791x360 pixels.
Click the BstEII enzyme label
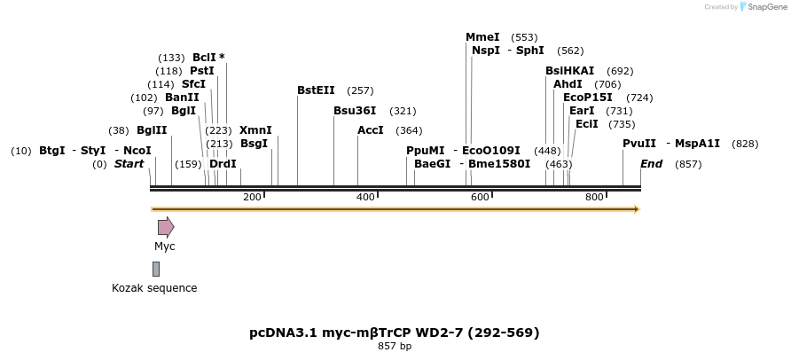tap(316, 90)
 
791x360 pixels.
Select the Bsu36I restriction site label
tap(355, 111)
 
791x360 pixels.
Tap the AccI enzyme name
tap(370, 129)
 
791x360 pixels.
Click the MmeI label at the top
tap(482, 37)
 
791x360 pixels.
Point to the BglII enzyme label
tap(152, 129)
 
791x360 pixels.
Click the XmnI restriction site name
tap(255, 129)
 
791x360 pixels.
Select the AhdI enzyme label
tap(568, 84)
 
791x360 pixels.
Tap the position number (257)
tap(360, 90)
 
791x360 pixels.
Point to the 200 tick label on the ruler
tap(252, 196)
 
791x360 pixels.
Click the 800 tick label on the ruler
tap(595, 196)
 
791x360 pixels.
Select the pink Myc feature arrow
tap(165, 227)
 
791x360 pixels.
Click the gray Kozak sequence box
tap(156, 269)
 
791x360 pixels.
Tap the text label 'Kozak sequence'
tap(154, 288)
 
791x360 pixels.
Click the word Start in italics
tap(129, 164)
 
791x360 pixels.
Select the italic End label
tap(651, 164)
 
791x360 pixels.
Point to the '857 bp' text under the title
tap(395, 346)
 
